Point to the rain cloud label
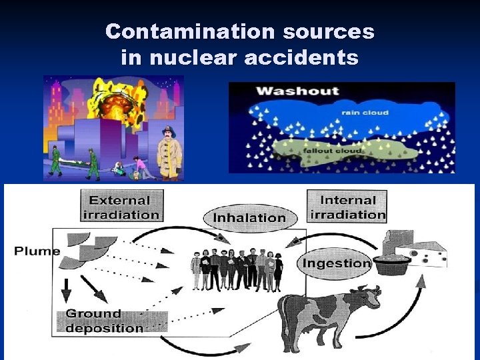click(x=365, y=113)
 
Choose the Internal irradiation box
click(x=347, y=206)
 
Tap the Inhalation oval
click(x=249, y=217)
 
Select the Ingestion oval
click(x=335, y=263)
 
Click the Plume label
click(x=37, y=251)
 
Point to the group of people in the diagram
click(x=237, y=269)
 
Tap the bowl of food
click(x=391, y=263)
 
